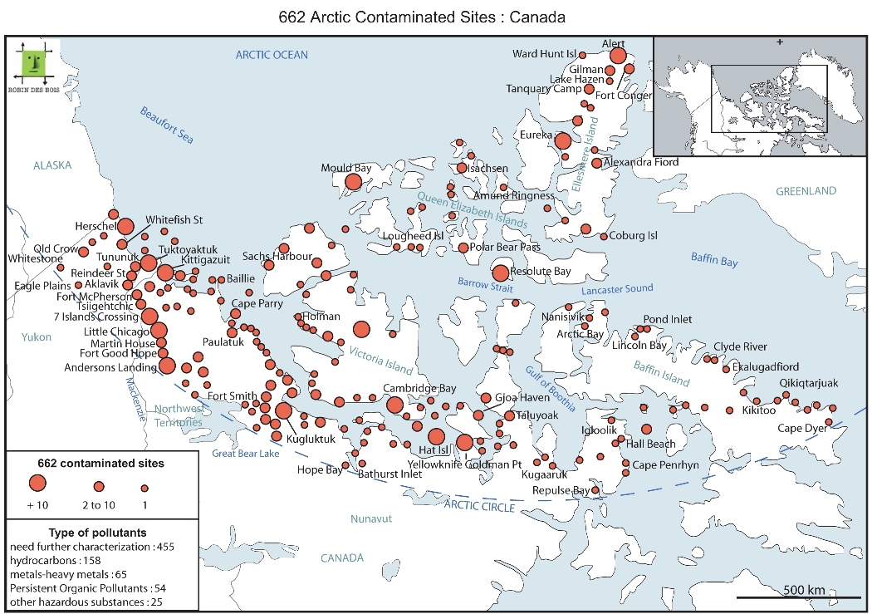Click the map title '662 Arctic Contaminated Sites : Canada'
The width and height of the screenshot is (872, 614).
coord(435,16)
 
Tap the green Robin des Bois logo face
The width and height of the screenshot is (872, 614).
coord(33,60)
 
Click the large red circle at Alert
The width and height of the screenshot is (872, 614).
coord(617,56)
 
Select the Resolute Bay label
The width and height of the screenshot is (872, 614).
coord(541,272)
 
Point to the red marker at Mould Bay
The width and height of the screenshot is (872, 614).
coord(353,182)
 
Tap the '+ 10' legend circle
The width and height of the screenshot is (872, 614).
coord(36,483)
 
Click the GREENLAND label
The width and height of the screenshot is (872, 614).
coord(806,191)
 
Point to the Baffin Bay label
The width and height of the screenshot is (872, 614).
coord(714,260)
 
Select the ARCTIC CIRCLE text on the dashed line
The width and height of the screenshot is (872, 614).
coord(480,505)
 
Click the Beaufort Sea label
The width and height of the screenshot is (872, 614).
coord(166,125)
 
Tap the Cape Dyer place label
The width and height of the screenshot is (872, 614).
coord(801,429)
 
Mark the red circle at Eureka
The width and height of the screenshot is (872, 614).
coord(563,140)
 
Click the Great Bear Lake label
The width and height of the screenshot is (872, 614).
coord(246,454)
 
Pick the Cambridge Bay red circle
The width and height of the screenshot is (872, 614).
coord(394,405)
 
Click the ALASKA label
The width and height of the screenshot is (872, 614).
coord(52,165)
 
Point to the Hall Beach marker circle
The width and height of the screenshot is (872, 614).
coord(646,430)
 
